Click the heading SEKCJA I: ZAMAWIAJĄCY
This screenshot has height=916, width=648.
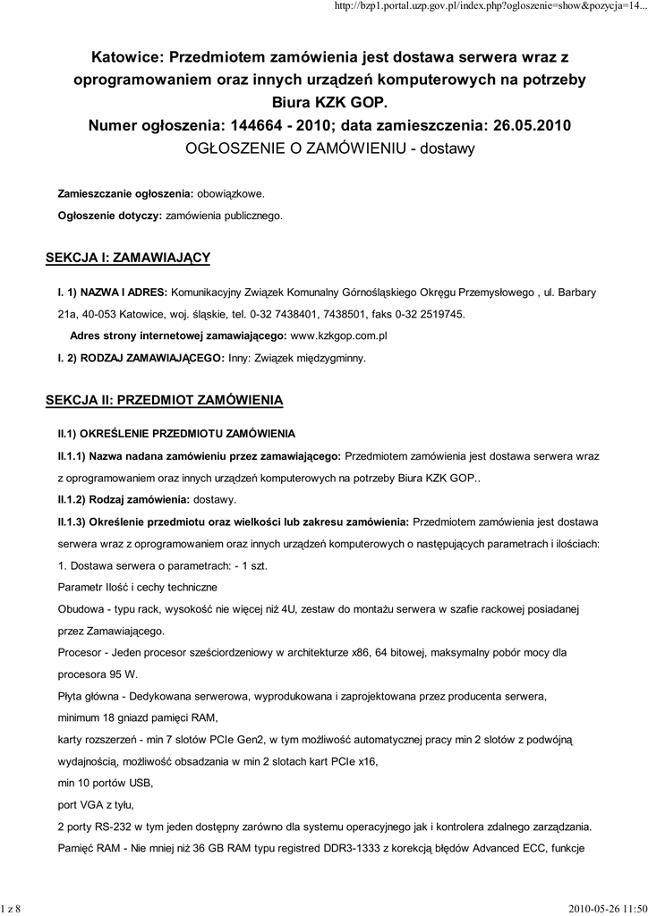pyautogui.click(x=128, y=258)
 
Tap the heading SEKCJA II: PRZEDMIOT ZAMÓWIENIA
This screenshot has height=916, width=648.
pyautogui.click(x=164, y=399)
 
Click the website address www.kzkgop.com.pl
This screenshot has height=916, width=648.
pyautogui.click(x=339, y=335)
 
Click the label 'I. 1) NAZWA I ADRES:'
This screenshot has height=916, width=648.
pyautogui.click(x=112, y=292)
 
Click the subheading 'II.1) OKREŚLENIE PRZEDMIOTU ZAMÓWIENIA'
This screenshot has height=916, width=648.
pyautogui.click(x=176, y=433)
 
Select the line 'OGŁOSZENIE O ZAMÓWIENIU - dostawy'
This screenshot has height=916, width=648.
pyautogui.click(x=329, y=147)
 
